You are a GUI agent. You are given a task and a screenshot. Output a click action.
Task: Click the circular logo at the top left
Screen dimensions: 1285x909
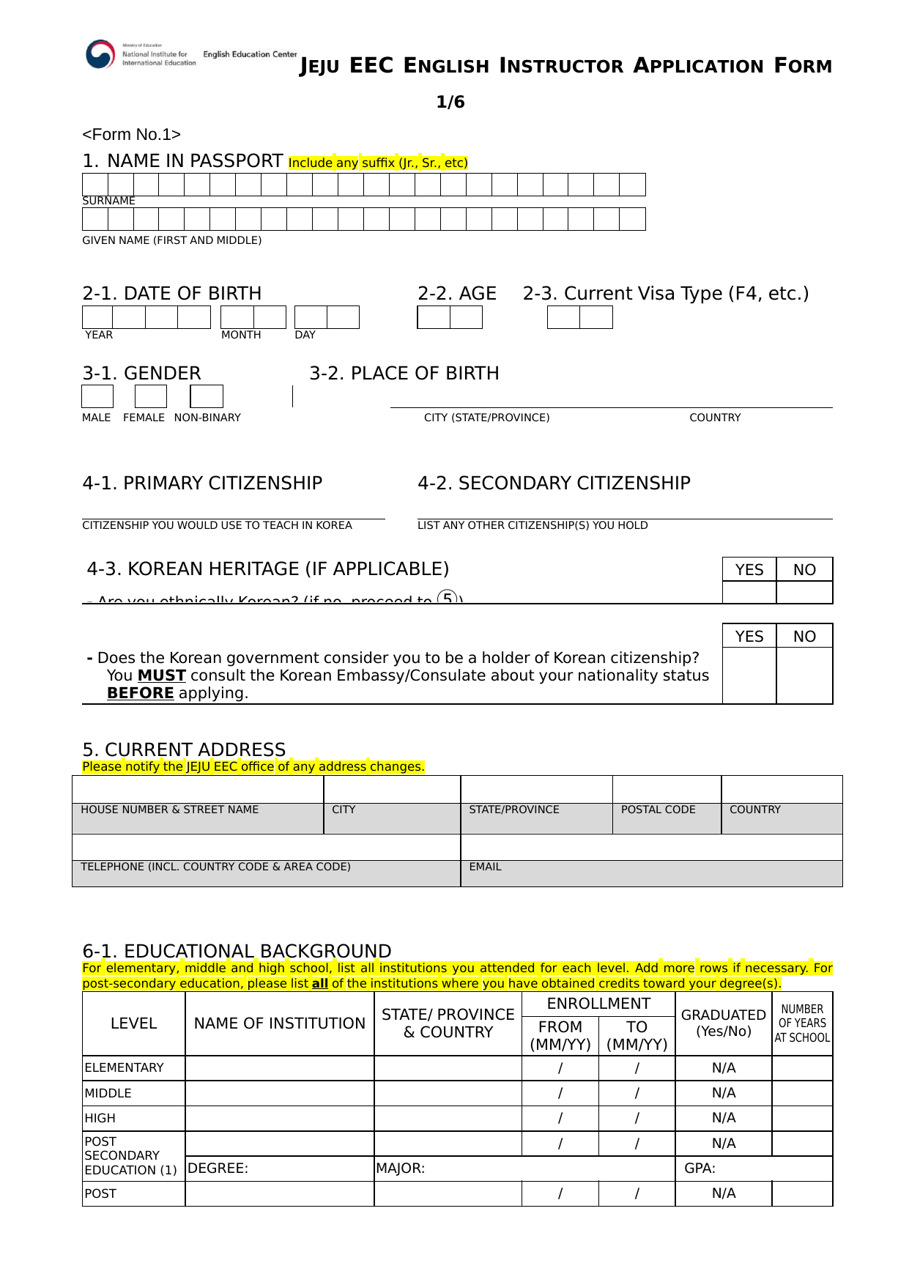(x=100, y=54)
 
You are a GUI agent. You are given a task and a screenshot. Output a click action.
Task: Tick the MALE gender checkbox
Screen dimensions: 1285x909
(x=97, y=396)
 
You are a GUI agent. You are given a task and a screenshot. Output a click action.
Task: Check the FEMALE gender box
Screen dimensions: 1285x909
(x=151, y=396)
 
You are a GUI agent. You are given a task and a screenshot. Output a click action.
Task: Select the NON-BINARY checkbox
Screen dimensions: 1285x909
(x=207, y=396)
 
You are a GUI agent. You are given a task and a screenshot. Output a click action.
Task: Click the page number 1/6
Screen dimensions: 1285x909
(x=450, y=102)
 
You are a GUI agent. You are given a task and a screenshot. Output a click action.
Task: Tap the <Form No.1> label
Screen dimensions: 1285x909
(x=132, y=135)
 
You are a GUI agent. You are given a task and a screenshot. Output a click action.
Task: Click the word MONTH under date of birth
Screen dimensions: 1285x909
(x=241, y=335)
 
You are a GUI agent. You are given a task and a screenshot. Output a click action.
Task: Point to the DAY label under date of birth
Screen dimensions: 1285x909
(x=305, y=335)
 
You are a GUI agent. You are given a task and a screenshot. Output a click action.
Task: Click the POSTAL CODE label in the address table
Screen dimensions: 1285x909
(x=658, y=810)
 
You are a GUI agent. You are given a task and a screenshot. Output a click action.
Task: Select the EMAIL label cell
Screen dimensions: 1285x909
(x=485, y=867)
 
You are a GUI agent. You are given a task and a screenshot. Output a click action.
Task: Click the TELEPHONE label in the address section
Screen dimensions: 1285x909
(x=215, y=867)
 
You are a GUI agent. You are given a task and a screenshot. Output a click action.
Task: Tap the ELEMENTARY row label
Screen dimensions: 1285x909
(x=125, y=1067)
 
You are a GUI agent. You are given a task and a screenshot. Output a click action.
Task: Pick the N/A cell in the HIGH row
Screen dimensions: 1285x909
(x=724, y=1118)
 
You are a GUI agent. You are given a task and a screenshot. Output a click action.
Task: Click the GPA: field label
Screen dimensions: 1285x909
(x=700, y=1169)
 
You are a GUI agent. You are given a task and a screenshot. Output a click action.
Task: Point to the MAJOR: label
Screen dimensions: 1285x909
(x=401, y=1169)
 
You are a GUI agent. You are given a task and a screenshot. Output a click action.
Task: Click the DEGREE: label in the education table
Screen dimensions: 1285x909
(x=218, y=1169)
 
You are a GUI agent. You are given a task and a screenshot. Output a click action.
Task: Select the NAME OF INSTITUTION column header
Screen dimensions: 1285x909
(x=279, y=1023)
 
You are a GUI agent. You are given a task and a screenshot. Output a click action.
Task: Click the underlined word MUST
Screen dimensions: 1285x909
(x=161, y=675)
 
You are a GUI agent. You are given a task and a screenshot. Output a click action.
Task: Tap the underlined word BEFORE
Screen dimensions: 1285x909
(x=140, y=693)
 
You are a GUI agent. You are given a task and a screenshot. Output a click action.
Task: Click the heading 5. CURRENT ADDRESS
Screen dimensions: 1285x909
(x=184, y=749)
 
